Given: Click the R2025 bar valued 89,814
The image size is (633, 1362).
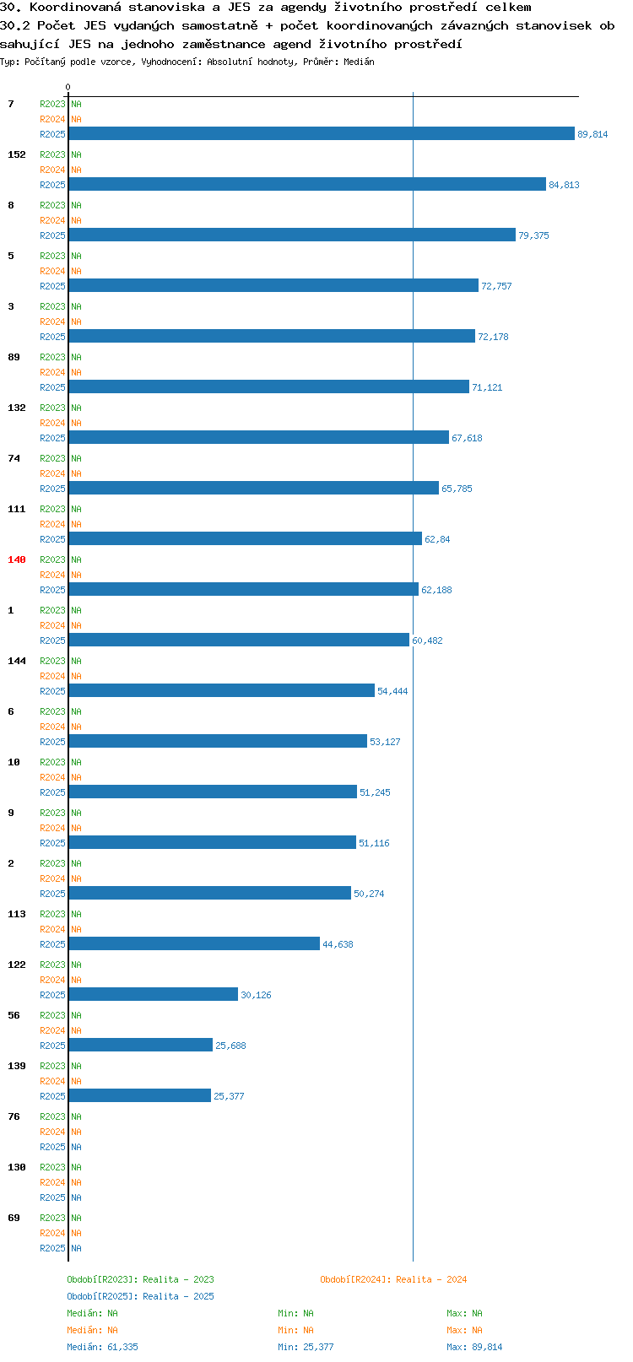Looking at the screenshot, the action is click(x=322, y=134).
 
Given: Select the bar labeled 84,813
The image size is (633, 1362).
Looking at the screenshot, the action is click(x=307, y=184).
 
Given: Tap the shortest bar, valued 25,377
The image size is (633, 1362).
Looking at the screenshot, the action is click(x=140, y=1095).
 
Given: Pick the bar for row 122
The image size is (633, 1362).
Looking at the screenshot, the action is click(x=154, y=994).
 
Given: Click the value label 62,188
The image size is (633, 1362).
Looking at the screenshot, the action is click(x=436, y=590).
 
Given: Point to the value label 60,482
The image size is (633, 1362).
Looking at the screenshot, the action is click(x=427, y=640).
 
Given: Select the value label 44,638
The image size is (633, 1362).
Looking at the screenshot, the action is click(x=338, y=944).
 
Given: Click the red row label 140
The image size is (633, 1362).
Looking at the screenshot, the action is click(x=16, y=559).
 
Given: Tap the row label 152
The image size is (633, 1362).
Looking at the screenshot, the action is click(x=16, y=154).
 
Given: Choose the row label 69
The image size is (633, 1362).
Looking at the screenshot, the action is click(x=14, y=1218).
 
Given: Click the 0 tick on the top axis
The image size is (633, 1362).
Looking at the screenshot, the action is click(x=68, y=87).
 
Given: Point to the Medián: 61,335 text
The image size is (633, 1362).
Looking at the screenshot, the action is click(x=102, y=1347).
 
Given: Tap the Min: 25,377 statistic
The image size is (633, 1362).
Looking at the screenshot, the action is click(x=306, y=1347).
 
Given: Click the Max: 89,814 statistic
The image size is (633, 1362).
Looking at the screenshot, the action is click(x=474, y=1347).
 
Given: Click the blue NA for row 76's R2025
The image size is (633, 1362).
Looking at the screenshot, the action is click(x=76, y=1147).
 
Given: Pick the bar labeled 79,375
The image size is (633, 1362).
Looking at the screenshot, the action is click(x=292, y=235).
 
